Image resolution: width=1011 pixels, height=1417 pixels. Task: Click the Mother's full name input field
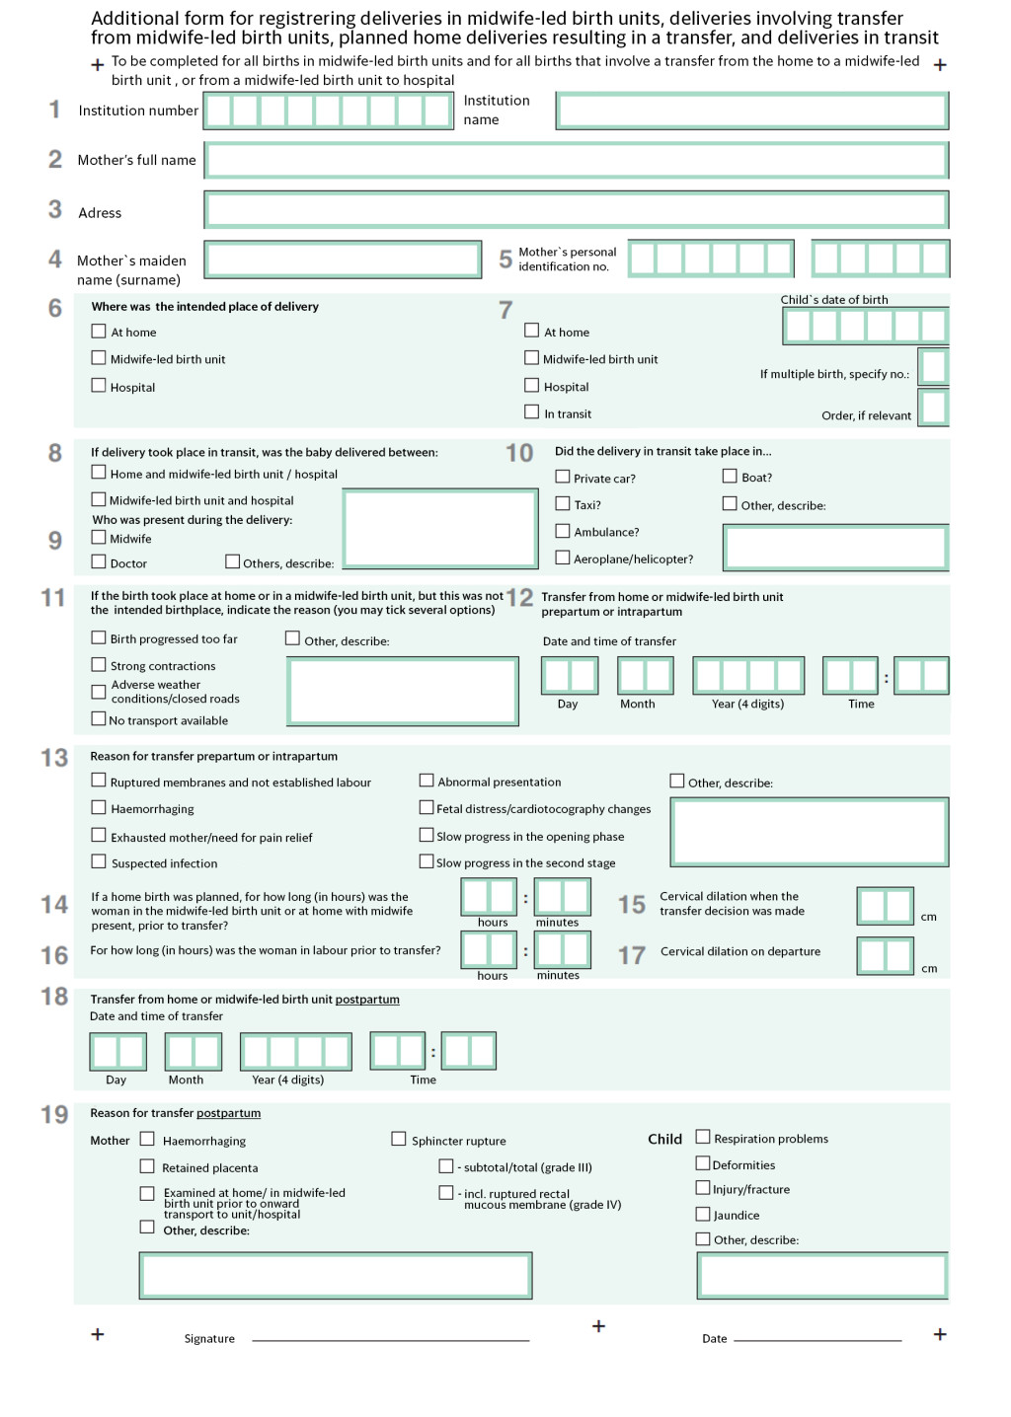click(577, 161)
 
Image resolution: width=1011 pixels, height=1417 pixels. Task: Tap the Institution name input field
click(752, 111)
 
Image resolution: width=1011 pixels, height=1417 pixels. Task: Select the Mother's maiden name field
click(343, 260)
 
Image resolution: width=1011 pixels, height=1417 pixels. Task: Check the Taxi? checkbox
click(563, 503)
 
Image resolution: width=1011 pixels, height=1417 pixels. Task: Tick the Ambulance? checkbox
click(563, 531)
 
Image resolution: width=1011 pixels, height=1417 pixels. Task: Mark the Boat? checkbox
click(730, 476)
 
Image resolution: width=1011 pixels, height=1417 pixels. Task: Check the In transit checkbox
click(532, 411)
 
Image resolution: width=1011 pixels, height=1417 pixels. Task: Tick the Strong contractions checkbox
click(99, 665)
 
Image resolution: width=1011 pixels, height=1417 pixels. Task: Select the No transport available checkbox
click(99, 718)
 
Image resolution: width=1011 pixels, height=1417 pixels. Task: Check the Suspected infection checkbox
click(99, 861)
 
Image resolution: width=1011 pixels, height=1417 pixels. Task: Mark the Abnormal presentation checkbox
click(427, 781)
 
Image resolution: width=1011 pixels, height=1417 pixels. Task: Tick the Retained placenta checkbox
click(147, 1166)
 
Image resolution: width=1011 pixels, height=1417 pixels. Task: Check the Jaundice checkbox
click(703, 1214)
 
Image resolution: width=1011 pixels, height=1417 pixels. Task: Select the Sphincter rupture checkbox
click(399, 1139)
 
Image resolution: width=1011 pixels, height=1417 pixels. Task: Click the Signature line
click(390, 1338)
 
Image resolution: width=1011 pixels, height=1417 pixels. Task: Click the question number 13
click(54, 758)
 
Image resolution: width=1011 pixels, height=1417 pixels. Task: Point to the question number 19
click(54, 1115)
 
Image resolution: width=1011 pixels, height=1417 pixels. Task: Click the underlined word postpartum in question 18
click(367, 1000)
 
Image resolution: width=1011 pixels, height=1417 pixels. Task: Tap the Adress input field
click(577, 210)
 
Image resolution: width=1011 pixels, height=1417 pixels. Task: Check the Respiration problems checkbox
click(703, 1137)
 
